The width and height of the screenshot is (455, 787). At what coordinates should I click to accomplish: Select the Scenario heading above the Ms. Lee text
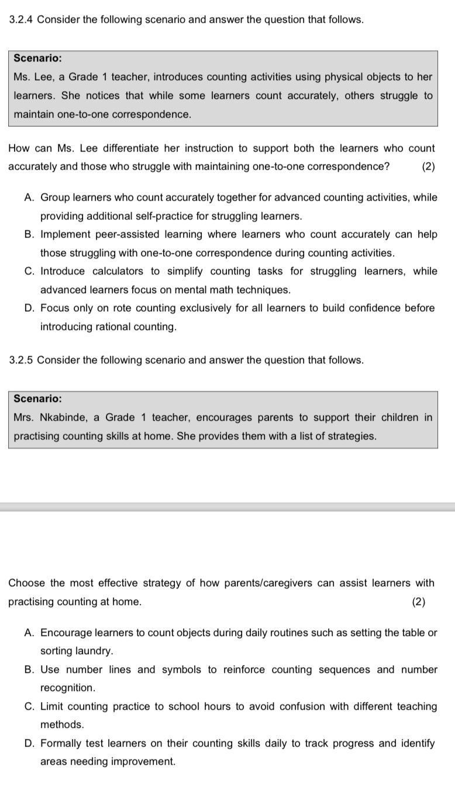point(38,59)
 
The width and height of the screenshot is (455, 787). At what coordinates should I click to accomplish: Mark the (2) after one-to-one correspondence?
point(428,166)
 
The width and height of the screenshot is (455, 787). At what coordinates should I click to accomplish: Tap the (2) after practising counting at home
point(419,602)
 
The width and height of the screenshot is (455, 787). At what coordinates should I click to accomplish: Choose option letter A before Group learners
point(29,198)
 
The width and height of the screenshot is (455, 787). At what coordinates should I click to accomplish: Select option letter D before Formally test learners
point(29,744)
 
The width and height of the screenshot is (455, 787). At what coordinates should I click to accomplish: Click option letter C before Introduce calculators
point(29,272)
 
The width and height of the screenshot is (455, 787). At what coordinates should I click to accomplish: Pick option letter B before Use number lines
point(29,670)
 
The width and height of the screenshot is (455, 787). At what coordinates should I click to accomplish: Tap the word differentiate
point(124,148)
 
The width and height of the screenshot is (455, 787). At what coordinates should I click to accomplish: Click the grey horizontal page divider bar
point(227,507)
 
